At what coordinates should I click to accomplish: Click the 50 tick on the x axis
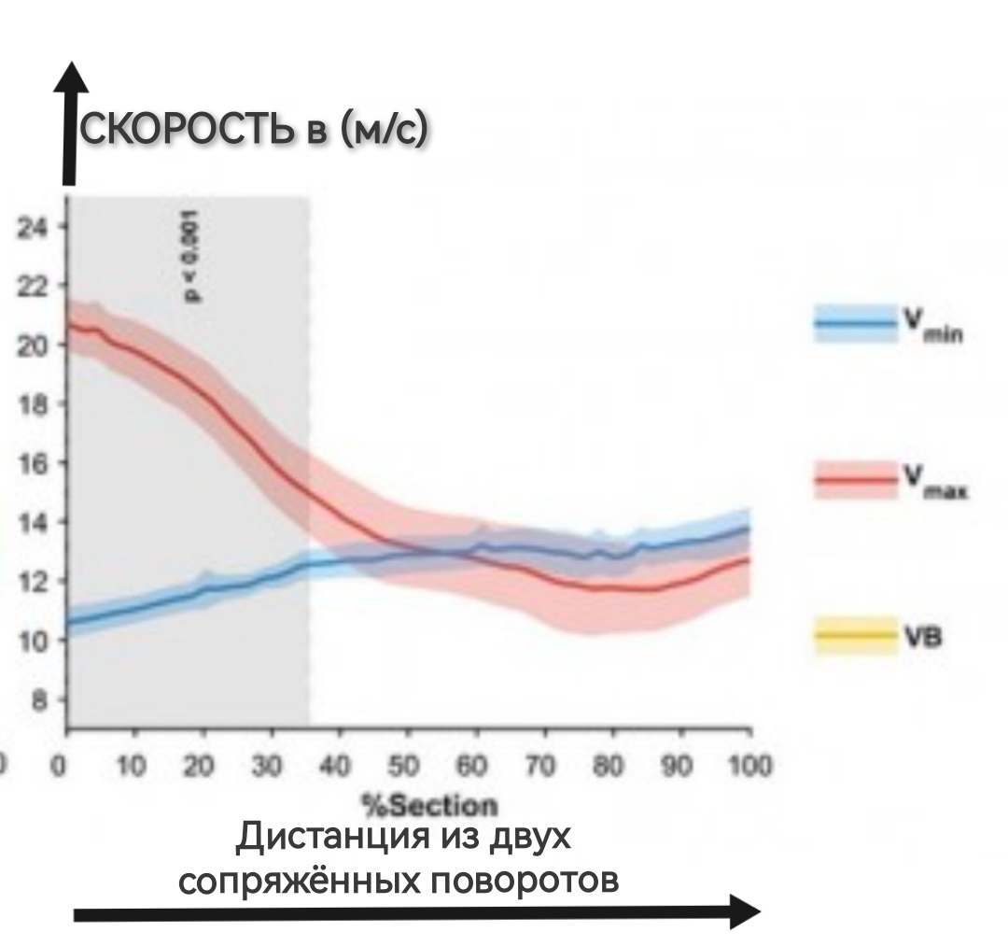click(x=406, y=768)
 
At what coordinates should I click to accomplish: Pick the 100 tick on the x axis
click(x=747, y=768)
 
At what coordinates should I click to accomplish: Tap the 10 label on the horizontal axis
click(x=133, y=768)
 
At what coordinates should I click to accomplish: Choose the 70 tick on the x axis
click(x=542, y=768)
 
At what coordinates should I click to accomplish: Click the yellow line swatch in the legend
click(x=854, y=637)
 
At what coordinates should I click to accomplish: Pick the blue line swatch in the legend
click(x=854, y=324)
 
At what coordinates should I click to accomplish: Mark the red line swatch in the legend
click(x=854, y=480)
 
